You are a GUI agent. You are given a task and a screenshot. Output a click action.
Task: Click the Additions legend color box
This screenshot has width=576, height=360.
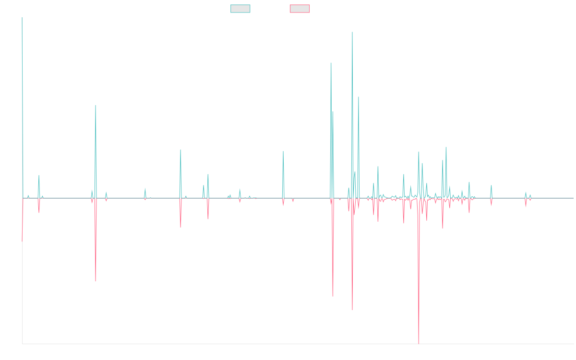pos(240,9)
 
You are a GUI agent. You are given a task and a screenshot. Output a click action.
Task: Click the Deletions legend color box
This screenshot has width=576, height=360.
pos(300,9)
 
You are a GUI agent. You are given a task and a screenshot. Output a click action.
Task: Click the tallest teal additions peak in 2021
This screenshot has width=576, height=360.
pos(352,33)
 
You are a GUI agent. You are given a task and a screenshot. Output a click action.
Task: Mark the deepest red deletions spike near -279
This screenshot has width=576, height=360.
pos(419,343)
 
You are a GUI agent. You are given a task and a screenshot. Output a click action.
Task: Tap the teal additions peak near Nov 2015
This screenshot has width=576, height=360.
pos(96,106)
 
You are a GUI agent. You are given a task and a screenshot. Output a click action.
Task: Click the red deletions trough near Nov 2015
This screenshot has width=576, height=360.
pos(96,281)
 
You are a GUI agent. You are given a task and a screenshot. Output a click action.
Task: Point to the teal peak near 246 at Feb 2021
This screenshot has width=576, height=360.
pos(331,63)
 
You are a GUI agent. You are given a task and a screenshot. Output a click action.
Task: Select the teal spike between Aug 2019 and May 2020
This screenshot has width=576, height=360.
pos(283,152)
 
